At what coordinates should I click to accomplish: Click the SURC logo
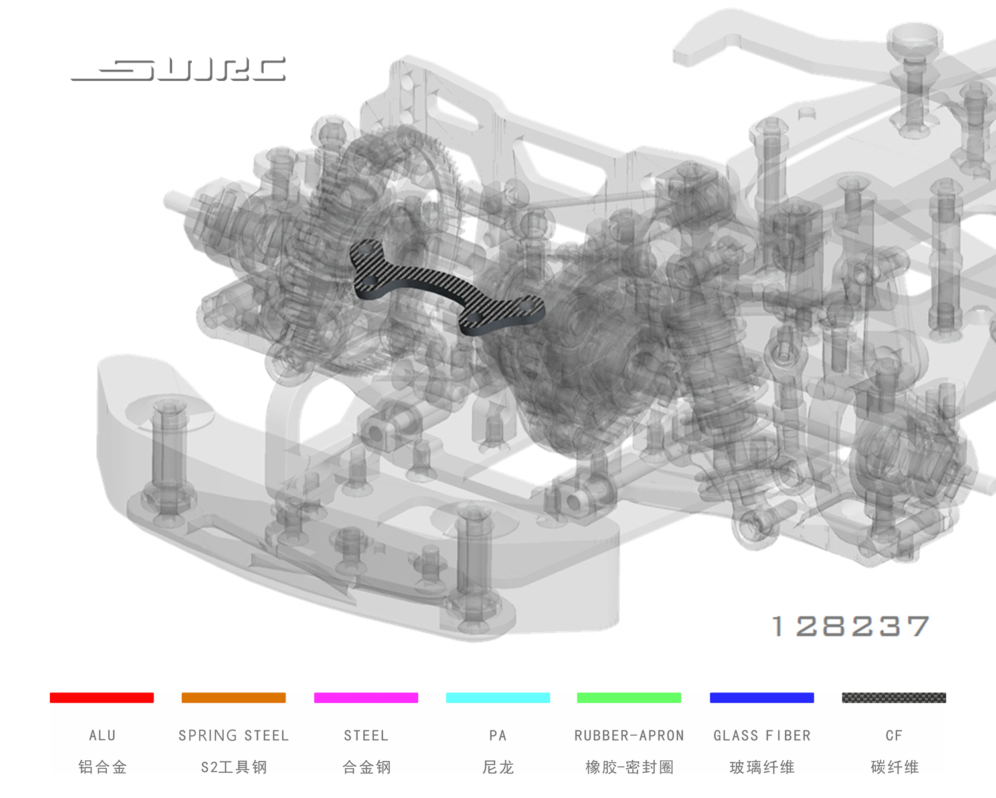tap(178, 70)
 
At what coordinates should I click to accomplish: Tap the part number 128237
tap(851, 626)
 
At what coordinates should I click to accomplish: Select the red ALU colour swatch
tap(102, 698)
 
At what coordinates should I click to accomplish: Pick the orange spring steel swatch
tap(234, 698)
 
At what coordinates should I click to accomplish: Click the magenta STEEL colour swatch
tap(366, 698)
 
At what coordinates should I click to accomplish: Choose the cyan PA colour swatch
tap(498, 698)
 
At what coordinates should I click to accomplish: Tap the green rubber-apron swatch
tap(629, 698)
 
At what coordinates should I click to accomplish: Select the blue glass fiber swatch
tap(762, 698)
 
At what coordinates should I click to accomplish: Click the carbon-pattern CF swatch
tap(894, 698)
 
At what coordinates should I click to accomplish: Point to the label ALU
tap(102, 736)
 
